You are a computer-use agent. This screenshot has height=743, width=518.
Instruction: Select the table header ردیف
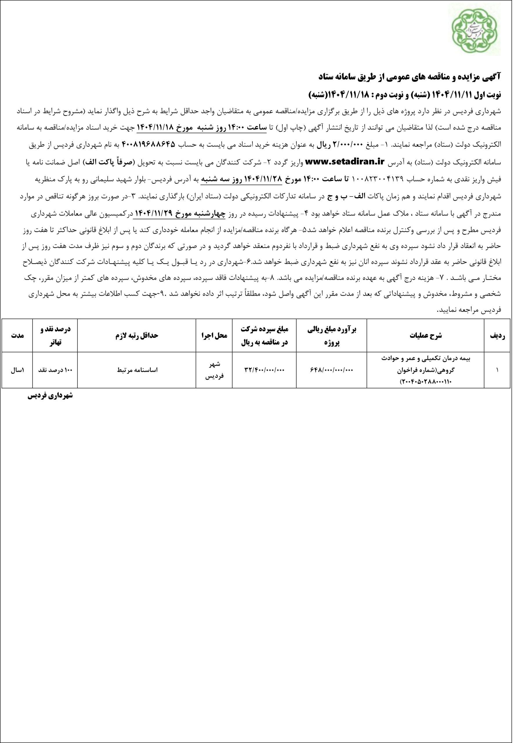coord(497,336)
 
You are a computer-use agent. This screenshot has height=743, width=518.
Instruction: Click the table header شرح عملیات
coord(425,336)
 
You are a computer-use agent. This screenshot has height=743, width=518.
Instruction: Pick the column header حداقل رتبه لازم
coord(137,336)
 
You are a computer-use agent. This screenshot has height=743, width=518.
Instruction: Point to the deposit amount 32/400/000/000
coord(265,370)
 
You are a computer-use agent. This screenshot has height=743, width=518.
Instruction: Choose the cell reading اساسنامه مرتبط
coord(137,370)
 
